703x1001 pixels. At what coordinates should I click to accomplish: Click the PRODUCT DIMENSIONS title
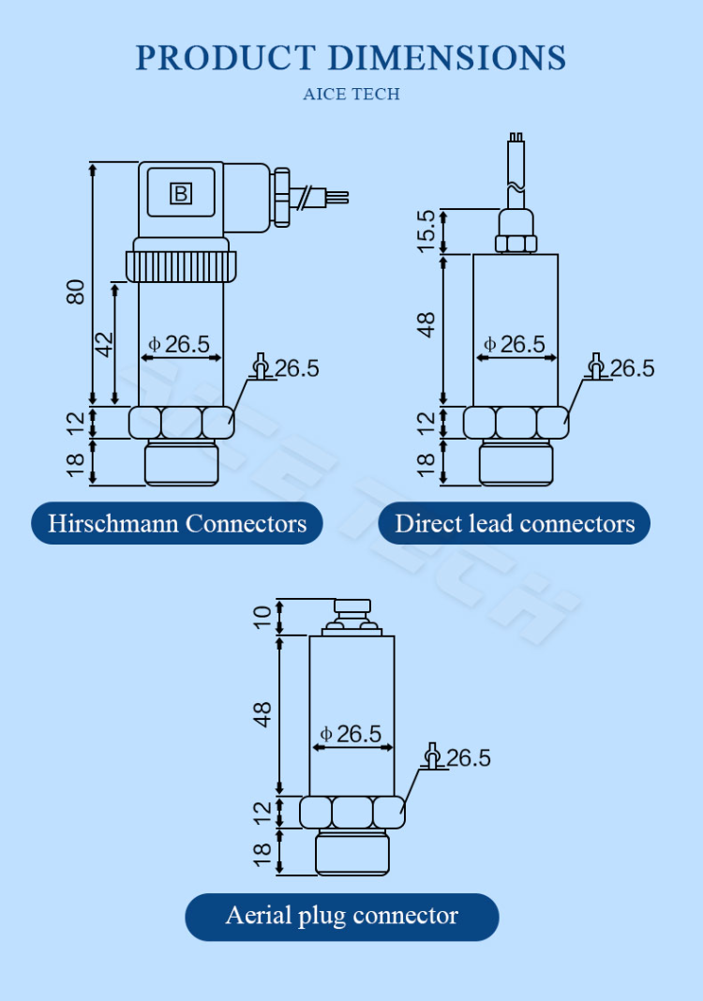pos(351,58)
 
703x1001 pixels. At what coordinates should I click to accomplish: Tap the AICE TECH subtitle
pos(351,95)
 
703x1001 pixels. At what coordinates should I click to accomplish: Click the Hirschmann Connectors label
pos(177,523)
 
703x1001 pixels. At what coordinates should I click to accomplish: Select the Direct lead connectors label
pos(515,523)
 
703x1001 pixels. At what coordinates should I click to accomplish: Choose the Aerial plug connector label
pos(341,916)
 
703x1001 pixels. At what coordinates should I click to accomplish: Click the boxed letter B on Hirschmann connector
pos(180,194)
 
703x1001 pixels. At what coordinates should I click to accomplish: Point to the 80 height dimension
pos(76,291)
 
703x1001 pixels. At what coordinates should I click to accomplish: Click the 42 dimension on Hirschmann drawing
pos(104,343)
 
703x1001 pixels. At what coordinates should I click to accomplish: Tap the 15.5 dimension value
pos(426,231)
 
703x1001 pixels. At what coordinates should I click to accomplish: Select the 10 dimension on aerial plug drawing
pos(262,616)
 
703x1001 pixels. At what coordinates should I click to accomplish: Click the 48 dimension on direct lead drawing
pos(426,325)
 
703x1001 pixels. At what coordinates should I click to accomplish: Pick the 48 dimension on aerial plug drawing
pos(262,714)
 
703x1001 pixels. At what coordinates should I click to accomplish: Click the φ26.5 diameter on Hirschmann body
pos(181,344)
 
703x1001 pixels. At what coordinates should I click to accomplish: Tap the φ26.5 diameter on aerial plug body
pos(351,734)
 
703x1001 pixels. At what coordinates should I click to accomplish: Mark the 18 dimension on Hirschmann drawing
pos(76,462)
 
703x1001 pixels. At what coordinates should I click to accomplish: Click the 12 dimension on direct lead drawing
pos(426,423)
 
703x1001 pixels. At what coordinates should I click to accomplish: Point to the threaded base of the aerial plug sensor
pos(351,852)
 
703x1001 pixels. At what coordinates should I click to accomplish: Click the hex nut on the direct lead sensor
pos(515,423)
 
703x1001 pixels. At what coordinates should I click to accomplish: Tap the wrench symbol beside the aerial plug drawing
pos(432,756)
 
